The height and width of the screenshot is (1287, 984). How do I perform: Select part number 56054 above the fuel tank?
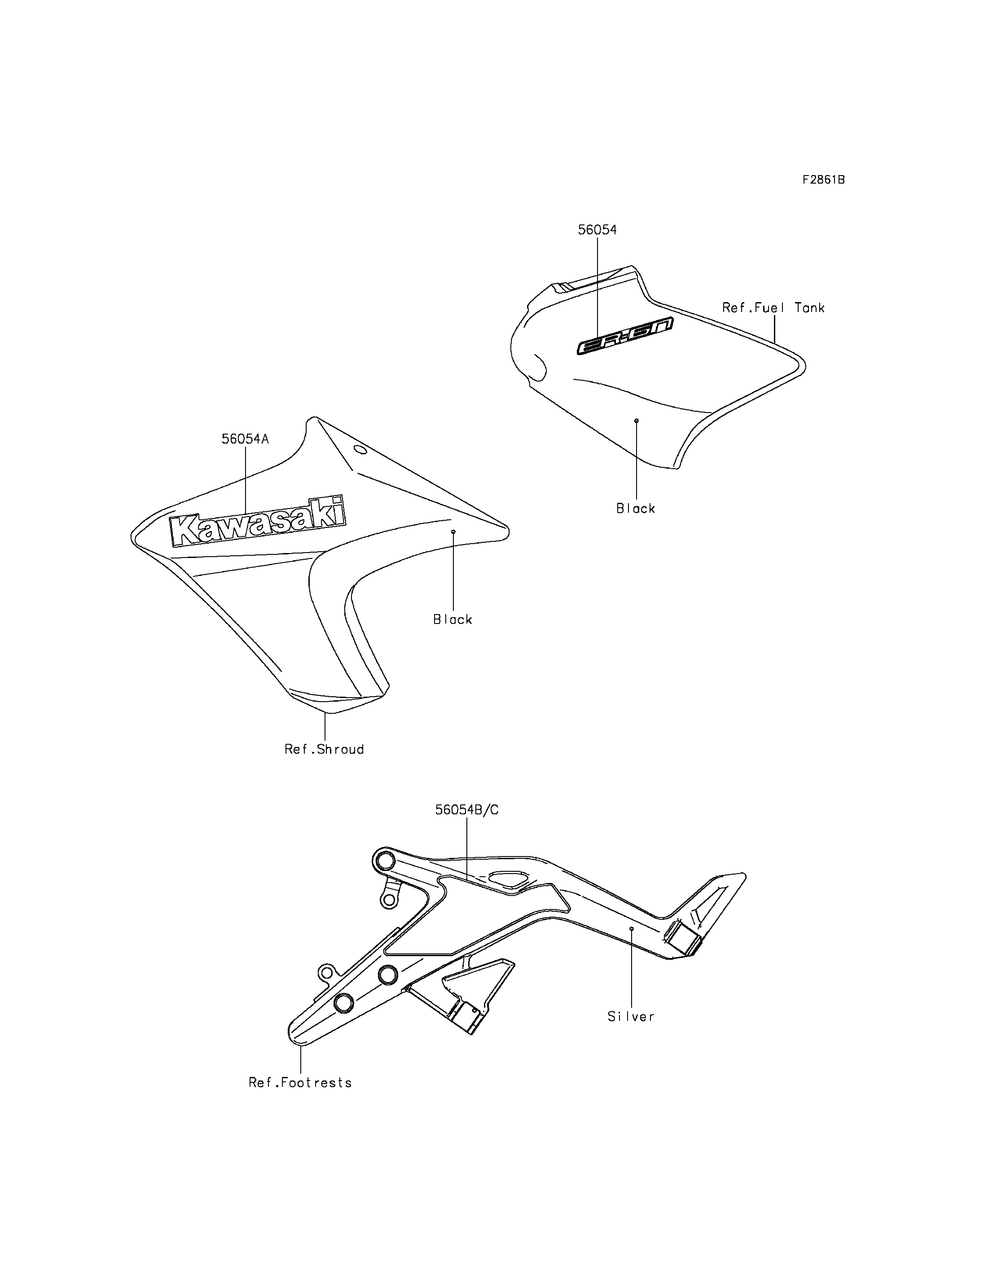click(x=597, y=230)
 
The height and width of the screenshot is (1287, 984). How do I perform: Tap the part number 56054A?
click(x=245, y=439)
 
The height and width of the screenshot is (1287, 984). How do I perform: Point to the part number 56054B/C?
click(x=467, y=809)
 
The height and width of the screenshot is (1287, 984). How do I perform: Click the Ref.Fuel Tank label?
click(x=773, y=307)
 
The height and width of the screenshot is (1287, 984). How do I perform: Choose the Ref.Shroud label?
click(x=324, y=749)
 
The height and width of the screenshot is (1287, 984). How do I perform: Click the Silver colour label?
click(x=631, y=1017)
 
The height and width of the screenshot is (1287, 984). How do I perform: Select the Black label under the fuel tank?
click(x=636, y=509)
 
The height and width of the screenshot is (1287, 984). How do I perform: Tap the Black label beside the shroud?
click(x=453, y=619)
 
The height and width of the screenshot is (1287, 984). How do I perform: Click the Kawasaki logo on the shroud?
click(x=257, y=521)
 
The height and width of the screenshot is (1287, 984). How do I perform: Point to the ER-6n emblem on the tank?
click(x=624, y=336)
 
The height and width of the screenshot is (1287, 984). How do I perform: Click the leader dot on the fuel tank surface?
click(x=637, y=421)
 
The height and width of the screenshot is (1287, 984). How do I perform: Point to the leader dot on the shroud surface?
click(x=453, y=532)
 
